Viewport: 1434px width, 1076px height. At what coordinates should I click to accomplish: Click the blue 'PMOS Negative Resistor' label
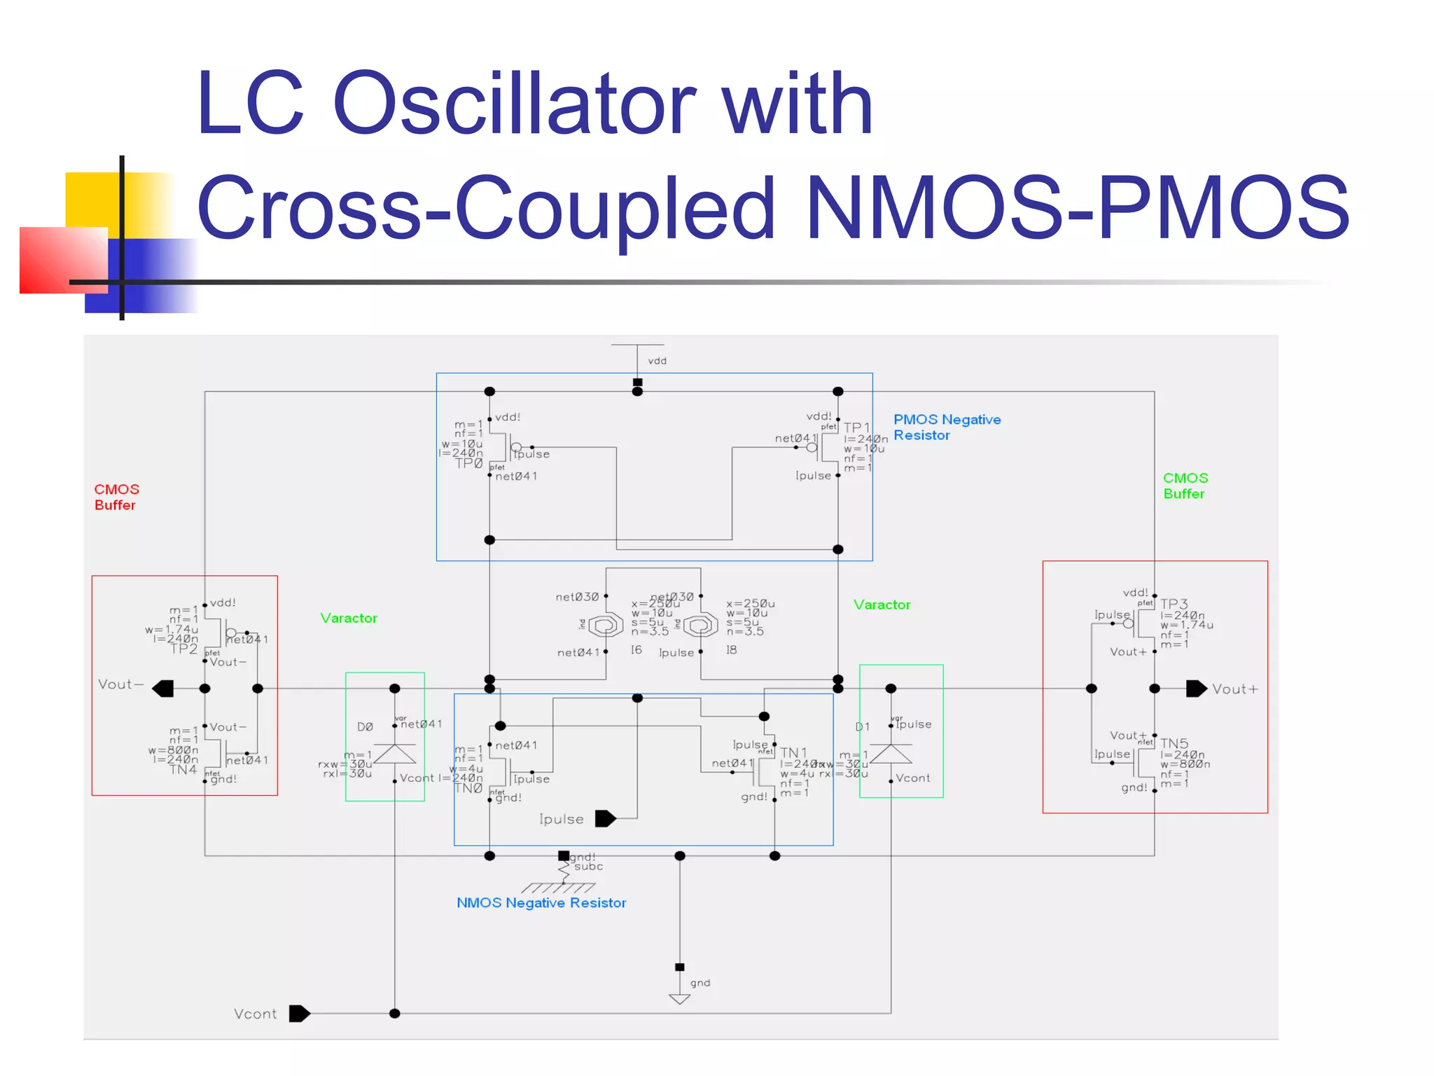[x=947, y=427]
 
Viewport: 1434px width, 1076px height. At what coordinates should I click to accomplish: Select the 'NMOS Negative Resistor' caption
[x=541, y=903]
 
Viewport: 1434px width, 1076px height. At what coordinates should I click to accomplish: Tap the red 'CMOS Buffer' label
[x=117, y=497]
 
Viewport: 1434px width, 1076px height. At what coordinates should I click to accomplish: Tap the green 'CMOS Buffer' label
[x=1185, y=485]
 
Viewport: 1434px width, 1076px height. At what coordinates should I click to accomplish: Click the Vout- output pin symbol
[x=162, y=689]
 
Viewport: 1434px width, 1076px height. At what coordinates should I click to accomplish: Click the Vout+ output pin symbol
[x=1196, y=689]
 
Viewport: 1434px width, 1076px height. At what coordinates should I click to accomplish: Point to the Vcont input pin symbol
[x=299, y=1014]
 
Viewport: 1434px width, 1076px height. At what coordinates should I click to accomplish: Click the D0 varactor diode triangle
[x=395, y=754]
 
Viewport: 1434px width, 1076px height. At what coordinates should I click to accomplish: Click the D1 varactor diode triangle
[x=891, y=754]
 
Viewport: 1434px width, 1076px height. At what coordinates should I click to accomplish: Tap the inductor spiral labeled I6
[x=606, y=624]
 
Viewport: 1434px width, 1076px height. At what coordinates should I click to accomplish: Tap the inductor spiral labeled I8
[x=700, y=624]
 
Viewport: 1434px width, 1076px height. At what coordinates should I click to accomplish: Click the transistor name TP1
[x=856, y=427]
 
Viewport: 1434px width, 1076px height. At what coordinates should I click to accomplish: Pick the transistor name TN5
[x=1174, y=743]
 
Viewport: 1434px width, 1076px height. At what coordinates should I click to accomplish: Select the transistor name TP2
[x=184, y=649]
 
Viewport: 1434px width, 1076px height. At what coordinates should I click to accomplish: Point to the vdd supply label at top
[x=657, y=361]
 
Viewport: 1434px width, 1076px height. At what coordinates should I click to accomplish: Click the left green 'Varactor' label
[x=349, y=618]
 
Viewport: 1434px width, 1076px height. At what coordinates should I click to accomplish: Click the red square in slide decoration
[x=63, y=259]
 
